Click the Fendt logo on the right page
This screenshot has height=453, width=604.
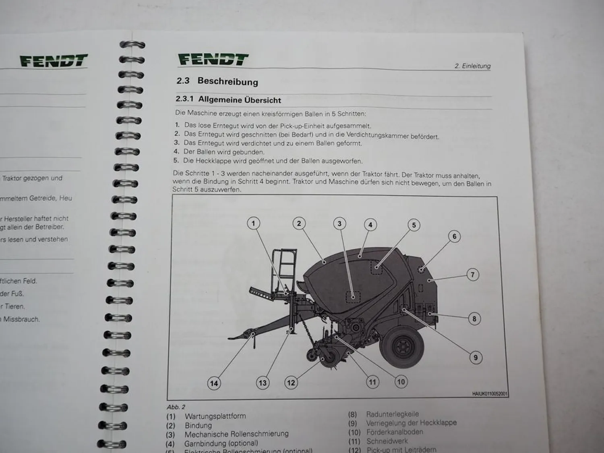click(213, 60)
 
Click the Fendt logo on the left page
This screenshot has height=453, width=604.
click(54, 62)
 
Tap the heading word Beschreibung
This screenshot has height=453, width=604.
click(228, 81)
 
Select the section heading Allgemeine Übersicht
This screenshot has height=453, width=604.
click(240, 100)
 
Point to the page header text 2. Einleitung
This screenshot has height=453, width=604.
click(472, 66)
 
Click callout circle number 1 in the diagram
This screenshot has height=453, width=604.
click(253, 223)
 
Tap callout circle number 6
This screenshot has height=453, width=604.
click(454, 236)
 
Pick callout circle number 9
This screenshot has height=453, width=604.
click(476, 357)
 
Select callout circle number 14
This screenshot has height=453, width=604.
click(214, 383)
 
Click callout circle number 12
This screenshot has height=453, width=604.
click(291, 383)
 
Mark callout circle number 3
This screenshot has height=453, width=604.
click(339, 223)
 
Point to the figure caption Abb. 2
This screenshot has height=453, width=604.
click(176, 407)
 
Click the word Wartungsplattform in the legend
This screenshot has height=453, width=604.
click(215, 416)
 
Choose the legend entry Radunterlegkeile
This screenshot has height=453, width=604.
click(392, 414)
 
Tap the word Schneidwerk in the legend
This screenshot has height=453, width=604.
click(387, 441)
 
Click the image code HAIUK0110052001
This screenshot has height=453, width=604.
click(490, 394)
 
